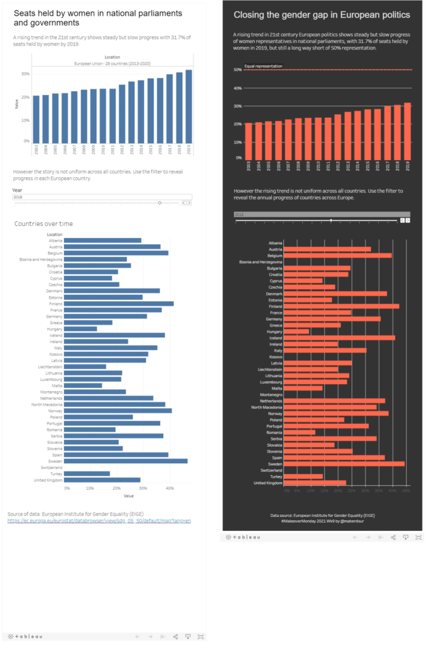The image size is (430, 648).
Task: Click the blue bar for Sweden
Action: click(x=126, y=461)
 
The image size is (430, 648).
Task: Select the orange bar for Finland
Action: click(x=341, y=306)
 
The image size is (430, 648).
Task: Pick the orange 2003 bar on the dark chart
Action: click(x=248, y=140)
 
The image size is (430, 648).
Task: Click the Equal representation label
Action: click(x=263, y=66)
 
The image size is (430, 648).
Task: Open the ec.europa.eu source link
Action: click(x=99, y=520)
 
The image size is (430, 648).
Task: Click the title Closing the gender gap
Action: click(x=322, y=15)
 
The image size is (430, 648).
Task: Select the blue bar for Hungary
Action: click(x=80, y=328)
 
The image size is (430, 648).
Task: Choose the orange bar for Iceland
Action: click(x=340, y=337)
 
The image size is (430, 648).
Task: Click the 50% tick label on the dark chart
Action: click(x=238, y=70)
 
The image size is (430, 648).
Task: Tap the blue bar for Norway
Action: click(x=118, y=411)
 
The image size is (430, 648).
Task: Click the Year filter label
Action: click(x=17, y=190)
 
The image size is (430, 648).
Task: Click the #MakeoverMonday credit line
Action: click(x=322, y=521)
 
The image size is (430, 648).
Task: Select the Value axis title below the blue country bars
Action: click(x=128, y=495)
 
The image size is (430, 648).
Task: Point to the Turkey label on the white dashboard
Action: click(x=56, y=473)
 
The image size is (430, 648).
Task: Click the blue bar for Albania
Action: click(x=102, y=240)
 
